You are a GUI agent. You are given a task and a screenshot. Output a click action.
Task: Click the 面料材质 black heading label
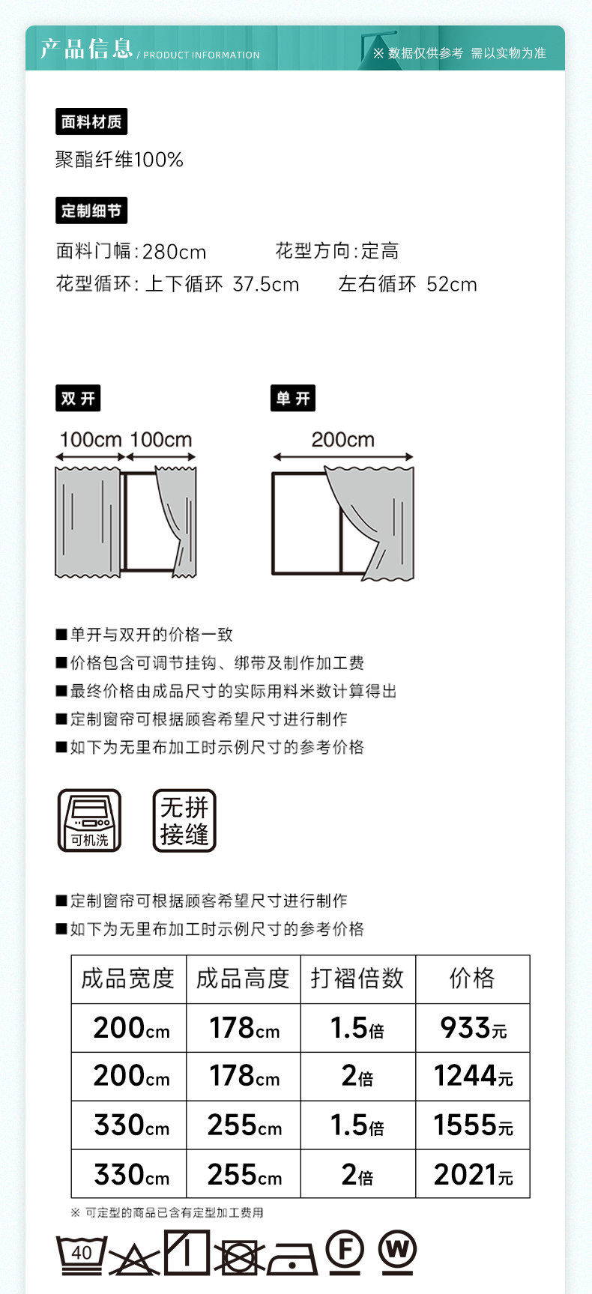click(x=91, y=121)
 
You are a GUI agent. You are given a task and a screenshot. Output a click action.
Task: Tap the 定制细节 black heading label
click(x=91, y=211)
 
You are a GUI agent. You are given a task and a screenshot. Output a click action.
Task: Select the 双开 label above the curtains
click(x=78, y=398)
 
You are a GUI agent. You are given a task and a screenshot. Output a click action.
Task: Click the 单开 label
click(x=292, y=398)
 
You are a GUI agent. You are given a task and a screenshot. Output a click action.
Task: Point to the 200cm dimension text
click(x=342, y=440)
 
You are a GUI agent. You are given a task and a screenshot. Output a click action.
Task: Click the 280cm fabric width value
click(x=174, y=252)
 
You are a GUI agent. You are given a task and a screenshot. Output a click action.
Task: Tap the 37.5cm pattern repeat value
click(x=266, y=285)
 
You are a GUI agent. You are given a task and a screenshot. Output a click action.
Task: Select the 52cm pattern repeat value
click(x=452, y=285)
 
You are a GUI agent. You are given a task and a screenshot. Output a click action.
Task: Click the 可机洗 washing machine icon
click(x=89, y=820)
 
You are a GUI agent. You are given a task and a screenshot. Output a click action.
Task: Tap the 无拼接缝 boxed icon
click(x=184, y=820)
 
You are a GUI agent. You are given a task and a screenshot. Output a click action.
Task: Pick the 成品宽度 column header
click(x=128, y=978)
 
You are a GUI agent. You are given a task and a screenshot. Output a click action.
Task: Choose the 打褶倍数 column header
click(x=357, y=978)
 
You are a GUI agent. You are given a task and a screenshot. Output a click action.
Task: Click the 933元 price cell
click(x=473, y=1027)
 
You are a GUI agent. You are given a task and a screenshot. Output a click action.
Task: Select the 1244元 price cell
click(x=473, y=1076)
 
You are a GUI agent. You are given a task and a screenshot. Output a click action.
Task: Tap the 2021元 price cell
click(x=473, y=1174)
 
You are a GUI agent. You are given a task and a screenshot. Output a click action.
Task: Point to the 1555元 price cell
click(x=473, y=1125)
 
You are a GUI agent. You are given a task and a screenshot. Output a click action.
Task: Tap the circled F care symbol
click(x=345, y=1250)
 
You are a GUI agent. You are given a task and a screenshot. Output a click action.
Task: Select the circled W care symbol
click(x=397, y=1250)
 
